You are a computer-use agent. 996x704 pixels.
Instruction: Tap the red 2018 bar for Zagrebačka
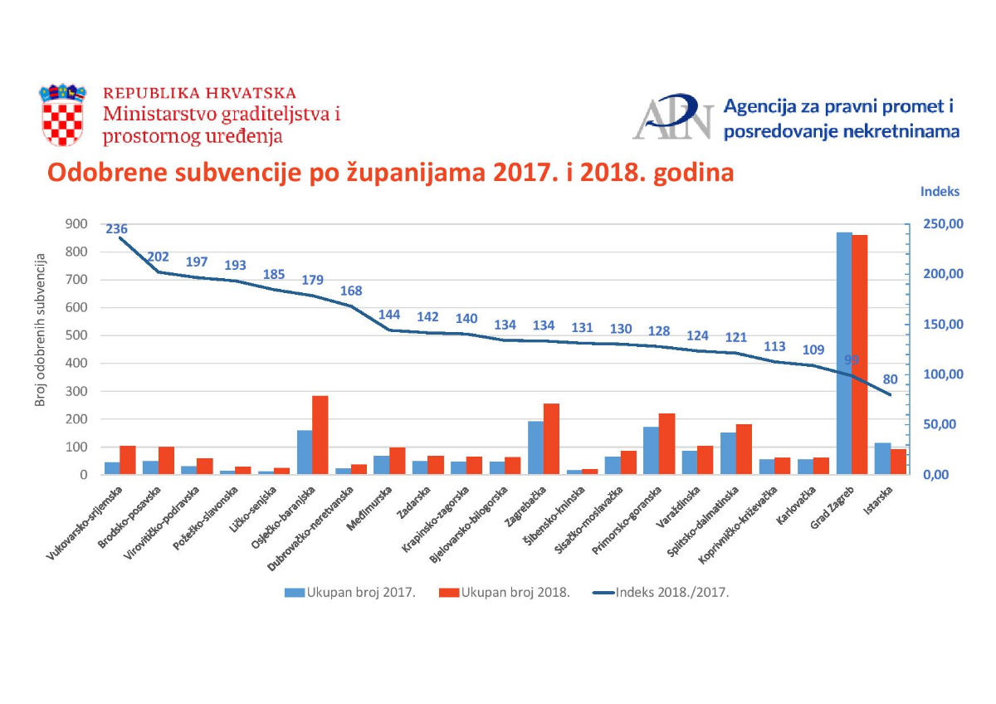tap(551, 439)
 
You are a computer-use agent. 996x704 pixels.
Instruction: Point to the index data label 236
tap(116, 229)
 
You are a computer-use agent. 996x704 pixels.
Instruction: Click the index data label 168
tap(351, 291)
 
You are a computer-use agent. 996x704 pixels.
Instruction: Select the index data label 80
tap(891, 379)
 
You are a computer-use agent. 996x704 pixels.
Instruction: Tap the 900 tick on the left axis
tap(76, 224)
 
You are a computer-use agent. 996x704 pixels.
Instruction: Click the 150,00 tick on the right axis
tap(943, 325)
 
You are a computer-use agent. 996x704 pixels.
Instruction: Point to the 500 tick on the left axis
tap(76, 335)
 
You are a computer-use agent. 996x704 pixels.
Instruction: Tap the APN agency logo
tap(671, 119)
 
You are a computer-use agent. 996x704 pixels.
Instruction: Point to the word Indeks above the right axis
tap(940, 192)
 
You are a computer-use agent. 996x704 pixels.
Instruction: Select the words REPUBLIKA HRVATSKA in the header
tap(199, 93)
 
